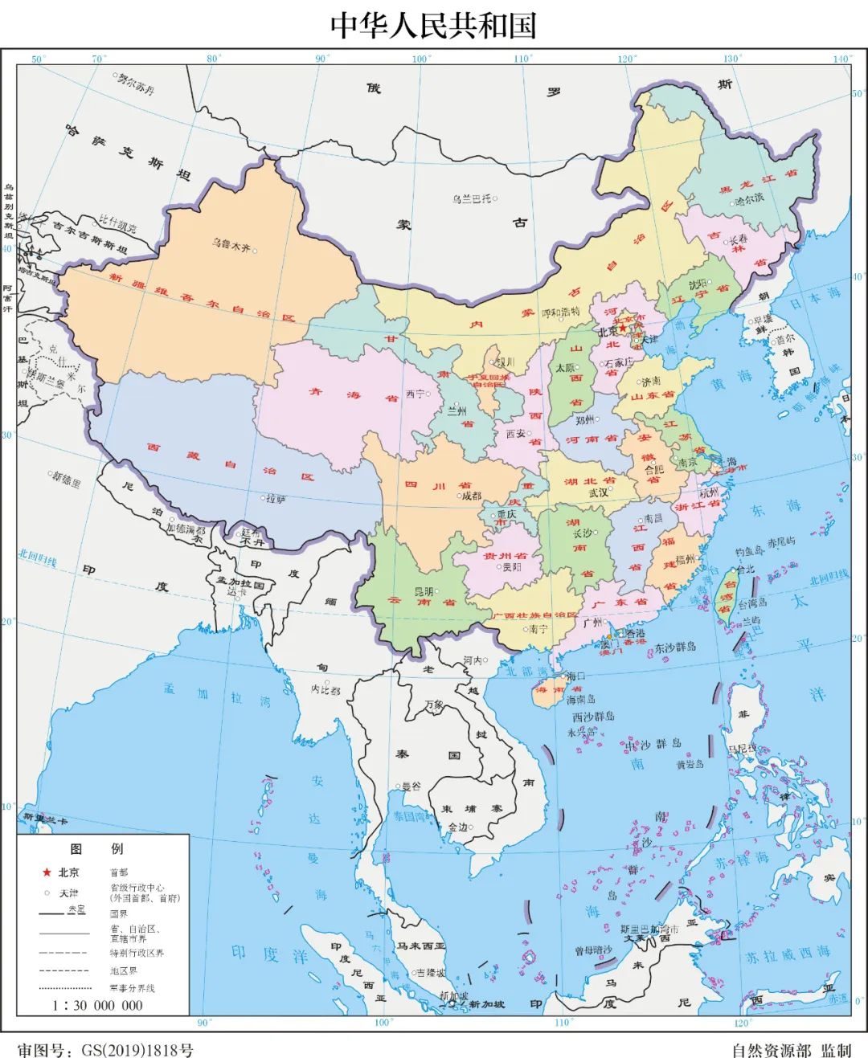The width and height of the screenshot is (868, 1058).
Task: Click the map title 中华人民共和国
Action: click(433, 25)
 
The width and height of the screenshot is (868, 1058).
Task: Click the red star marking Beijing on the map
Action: click(623, 328)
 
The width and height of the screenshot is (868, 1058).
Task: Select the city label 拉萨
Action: click(276, 499)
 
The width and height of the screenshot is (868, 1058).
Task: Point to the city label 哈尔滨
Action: click(749, 198)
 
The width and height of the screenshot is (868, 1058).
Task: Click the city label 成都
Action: click(472, 496)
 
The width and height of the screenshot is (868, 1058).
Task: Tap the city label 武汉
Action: click(598, 492)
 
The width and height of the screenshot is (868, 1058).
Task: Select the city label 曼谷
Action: click(411, 786)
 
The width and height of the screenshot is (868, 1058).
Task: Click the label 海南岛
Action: click(580, 700)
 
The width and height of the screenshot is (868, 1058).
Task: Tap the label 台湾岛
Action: click(752, 603)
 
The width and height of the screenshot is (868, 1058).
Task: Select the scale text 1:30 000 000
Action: click(97, 1005)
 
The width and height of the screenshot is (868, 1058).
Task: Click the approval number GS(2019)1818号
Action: click(133, 1050)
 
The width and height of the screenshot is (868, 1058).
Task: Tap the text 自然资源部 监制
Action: click(791, 1050)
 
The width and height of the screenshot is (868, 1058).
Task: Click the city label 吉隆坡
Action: click(430, 972)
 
